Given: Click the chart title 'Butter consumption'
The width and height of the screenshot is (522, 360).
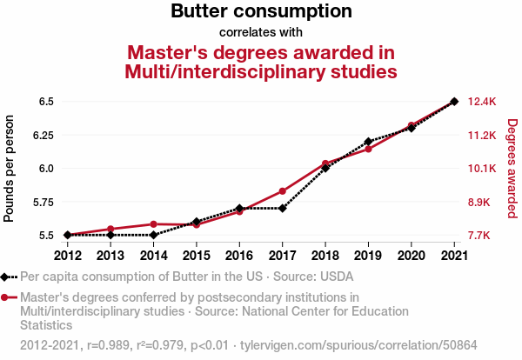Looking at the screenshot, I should [261, 12].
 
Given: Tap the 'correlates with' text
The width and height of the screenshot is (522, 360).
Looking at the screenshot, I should [261, 33].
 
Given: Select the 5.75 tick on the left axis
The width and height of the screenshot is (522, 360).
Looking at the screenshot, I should [43, 203].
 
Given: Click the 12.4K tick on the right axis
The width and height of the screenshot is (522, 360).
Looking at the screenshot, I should [481, 102].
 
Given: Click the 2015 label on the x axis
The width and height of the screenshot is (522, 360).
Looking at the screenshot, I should [196, 255].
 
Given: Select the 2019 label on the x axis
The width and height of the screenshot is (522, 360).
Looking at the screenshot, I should [368, 255].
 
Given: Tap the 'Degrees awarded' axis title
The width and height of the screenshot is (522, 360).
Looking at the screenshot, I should [512, 169].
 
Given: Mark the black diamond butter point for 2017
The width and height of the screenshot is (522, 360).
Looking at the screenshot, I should [282, 208].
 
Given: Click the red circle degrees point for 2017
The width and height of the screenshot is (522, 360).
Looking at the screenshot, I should [282, 190].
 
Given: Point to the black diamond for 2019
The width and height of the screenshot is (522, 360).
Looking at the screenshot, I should [368, 141].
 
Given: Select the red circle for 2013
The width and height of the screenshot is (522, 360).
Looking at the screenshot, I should [110, 229].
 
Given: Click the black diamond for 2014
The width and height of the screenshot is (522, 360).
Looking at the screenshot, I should [153, 235].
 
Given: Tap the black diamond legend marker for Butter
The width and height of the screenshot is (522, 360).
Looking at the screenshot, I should [6, 277].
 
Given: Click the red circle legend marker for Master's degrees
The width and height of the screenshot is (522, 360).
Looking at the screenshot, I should [6, 297].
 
